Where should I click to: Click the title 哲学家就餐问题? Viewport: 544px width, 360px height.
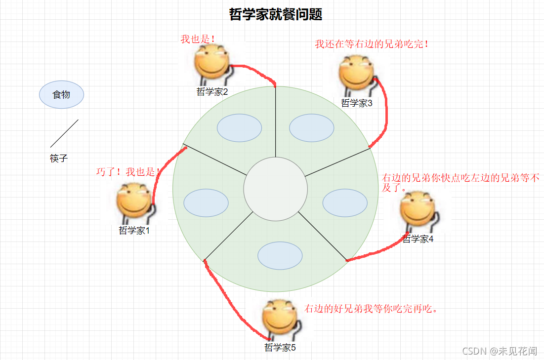[x=276, y=15]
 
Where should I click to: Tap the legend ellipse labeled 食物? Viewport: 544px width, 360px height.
[x=62, y=94]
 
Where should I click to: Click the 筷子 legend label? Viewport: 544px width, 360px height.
[x=58, y=159]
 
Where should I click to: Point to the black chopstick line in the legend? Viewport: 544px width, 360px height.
[x=64, y=133]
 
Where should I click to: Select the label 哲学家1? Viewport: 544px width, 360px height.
[x=134, y=230]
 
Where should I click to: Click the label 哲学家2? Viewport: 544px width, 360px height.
[x=212, y=91]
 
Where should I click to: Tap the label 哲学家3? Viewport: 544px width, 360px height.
[x=356, y=103]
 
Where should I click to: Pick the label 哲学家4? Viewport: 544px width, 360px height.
[x=418, y=239]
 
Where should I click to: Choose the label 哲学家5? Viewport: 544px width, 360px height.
[x=280, y=347]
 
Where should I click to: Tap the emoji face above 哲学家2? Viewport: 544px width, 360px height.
[x=211, y=63]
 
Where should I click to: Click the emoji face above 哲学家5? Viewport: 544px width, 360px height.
[x=280, y=319]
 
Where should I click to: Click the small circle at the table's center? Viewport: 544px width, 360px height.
[x=276, y=189]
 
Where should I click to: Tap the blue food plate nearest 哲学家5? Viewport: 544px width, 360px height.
[x=280, y=255]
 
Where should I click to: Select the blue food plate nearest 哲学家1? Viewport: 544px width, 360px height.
[x=206, y=202]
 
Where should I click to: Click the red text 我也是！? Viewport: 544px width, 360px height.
[x=198, y=39]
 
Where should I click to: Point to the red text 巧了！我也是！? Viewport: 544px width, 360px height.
[x=128, y=172]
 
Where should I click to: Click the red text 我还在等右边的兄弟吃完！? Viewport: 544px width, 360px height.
[x=372, y=44]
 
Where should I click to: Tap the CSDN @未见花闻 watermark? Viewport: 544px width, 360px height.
[x=500, y=351]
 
